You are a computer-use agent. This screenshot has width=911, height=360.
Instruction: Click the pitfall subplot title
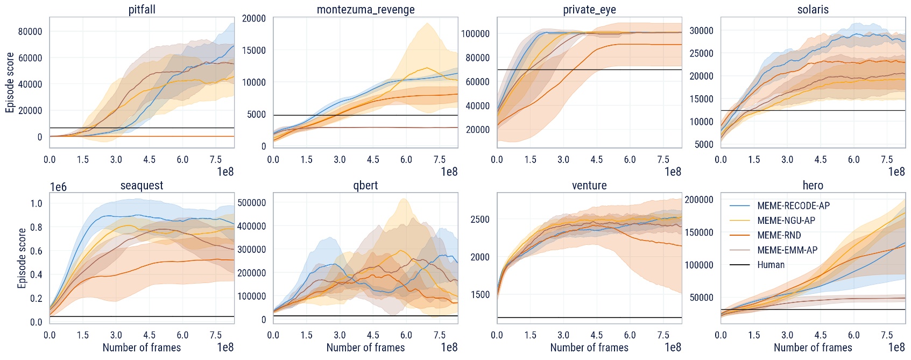coord(142,10)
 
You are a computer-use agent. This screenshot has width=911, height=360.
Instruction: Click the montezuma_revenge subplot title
coord(365,10)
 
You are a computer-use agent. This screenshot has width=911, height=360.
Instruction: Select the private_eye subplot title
coord(589,10)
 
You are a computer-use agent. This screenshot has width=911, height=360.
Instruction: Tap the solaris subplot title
coord(813,10)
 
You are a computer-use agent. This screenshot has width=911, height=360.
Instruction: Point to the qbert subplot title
coord(365,186)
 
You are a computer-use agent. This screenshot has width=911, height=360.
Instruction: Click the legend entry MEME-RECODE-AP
coord(793,206)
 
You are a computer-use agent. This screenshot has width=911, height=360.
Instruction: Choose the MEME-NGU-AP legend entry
coord(786,221)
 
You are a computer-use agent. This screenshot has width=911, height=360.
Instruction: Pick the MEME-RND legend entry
coord(779,235)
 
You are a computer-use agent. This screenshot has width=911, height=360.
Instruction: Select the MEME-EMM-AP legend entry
coord(787,250)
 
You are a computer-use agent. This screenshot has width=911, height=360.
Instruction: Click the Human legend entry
coord(771,265)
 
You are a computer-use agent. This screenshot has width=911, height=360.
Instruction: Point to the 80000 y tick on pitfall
coord(30,32)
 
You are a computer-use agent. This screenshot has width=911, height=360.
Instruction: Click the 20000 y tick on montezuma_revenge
coord(254,19)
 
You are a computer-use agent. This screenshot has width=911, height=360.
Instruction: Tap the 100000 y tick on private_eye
coord(475,34)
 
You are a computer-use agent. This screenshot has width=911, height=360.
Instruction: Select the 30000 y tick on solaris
coord(702,31)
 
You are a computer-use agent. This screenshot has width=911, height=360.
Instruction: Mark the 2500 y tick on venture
coord(480,220)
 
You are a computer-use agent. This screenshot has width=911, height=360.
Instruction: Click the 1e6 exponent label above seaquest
coord(58,187)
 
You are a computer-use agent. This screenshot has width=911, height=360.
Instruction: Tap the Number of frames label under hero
coord(813,348)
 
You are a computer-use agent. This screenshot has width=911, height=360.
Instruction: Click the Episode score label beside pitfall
coord(10,82)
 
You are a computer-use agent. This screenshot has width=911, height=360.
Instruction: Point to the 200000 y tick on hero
coord(699,200)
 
